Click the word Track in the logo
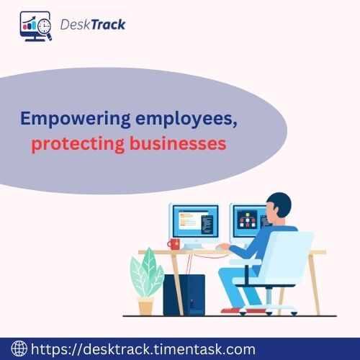[107, 24]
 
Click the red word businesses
[181, 143]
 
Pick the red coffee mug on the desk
[174, 243]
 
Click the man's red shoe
[230, 310]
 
